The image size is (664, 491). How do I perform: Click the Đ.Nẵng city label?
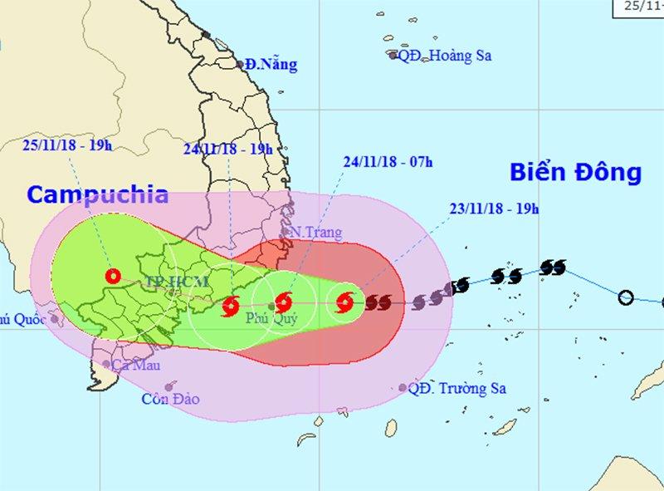point(271,65)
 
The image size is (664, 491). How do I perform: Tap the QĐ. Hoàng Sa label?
point(447,56)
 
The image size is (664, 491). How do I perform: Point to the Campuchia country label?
point(97,195)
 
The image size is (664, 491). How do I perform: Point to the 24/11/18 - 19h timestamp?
point(228,149)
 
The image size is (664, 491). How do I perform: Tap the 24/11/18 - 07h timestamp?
point(388,161)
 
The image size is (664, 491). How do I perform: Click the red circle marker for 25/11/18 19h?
point(112,277)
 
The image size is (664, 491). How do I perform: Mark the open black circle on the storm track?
point(627,297)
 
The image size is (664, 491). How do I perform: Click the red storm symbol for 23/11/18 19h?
point(344,302)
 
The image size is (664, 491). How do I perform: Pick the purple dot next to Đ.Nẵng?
point(240,63)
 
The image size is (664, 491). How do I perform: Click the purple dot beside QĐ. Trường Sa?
point(403,388)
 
